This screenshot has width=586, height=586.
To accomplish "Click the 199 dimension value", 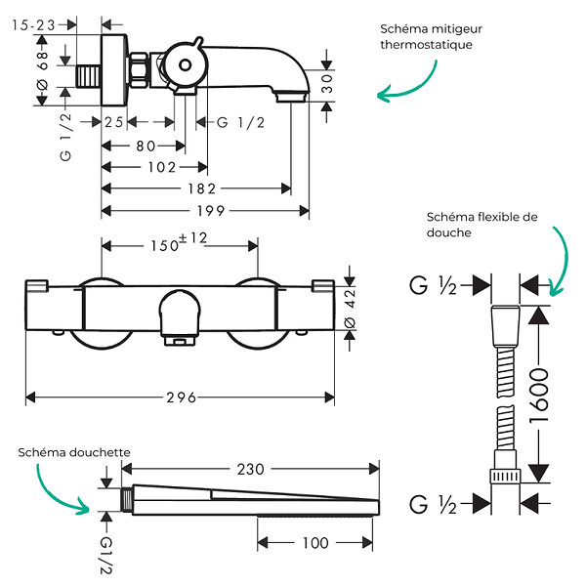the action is (x=211, y=211).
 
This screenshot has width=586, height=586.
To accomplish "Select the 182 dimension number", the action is (x=202, y=188).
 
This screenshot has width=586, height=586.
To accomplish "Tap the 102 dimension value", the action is (x=162, y=167).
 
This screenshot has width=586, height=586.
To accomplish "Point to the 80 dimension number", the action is (x=146, y=146).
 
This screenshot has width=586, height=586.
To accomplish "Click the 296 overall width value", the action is (x=182, y=398).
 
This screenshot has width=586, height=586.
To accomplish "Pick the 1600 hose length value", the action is (x=539, y=396).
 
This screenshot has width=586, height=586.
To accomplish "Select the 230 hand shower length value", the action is (x=250, y=469).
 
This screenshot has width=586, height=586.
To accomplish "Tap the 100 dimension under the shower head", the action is (x=315, y=543).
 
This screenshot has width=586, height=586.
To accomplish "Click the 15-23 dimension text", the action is (x=33, y=25).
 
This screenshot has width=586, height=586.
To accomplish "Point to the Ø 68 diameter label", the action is (x=43, y=70).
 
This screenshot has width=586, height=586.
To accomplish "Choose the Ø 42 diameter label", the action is (x=350, y=309).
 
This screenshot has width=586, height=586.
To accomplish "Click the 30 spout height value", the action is (x=326, y=84).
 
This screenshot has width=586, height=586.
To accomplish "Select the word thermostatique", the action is (x=426, y=45).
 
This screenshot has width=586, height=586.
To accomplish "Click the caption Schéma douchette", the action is (x=74, y=452).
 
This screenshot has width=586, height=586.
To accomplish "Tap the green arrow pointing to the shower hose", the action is (x=560, y=261).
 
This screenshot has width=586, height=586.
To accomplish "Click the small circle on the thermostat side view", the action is (x=185, y=65).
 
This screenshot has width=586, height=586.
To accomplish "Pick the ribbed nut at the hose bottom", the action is (x=505, y=477).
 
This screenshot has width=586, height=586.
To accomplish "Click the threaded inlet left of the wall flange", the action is (x=88, y=76).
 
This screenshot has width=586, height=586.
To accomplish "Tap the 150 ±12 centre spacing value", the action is (x=179, y=242).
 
